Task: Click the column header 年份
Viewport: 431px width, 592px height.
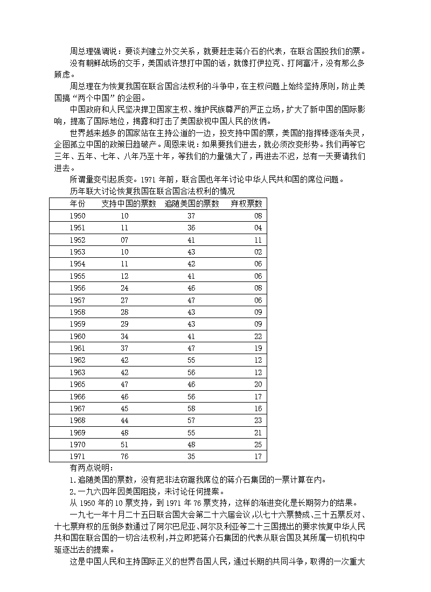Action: pos(78,203)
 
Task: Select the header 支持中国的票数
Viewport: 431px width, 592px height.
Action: pos(129,203)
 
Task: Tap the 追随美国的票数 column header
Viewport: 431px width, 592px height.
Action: pos(192,203)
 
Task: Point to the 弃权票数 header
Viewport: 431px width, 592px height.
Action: pos(246,203)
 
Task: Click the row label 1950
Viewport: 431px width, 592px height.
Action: pos(78,216)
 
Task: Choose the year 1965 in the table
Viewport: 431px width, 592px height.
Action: pos(78,384)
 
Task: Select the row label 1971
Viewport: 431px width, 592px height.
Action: pos(78,456)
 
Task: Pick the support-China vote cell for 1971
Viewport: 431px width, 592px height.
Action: pos(124,456)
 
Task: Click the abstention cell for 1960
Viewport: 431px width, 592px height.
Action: pos(258,336)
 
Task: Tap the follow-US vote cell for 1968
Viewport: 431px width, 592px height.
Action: pos(191,420)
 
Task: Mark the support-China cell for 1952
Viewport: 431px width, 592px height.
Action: pos(124,240)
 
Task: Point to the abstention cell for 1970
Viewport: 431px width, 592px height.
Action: pos(258,445)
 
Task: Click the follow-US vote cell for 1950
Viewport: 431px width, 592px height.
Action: pos(191,216)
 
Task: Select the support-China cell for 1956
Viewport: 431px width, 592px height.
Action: pos(124,288)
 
